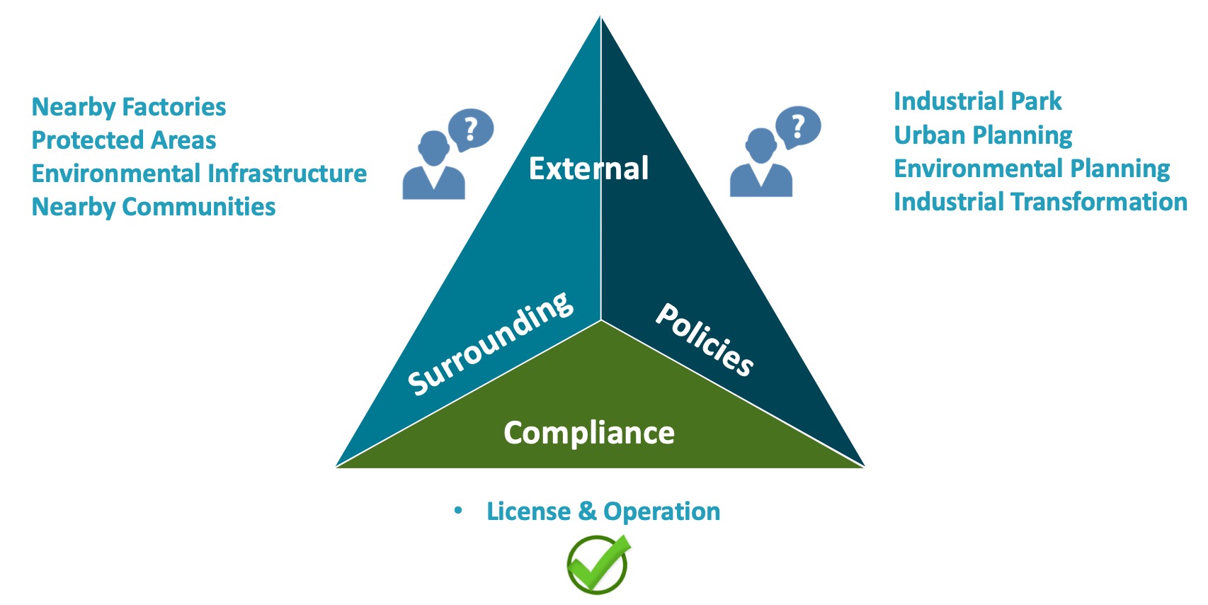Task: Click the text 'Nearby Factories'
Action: (129, 107)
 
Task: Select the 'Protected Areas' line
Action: (124, 140)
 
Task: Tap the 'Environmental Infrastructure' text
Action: (199, 174)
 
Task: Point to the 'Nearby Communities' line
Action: (154, 207)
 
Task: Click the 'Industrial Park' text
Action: (977, 101)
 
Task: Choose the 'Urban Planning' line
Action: (983, 135)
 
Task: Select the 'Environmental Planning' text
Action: (1032, 169)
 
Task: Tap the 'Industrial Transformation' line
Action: (1040, 202)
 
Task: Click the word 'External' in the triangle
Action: (588, 169)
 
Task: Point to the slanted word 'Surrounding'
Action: (491, 342)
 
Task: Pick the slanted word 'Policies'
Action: (705, 339)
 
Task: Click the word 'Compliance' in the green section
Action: (589, 433)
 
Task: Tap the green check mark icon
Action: (598, 564)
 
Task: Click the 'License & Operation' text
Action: (603, 511)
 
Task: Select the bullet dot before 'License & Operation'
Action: (458, 510)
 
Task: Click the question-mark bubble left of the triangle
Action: (471, 130)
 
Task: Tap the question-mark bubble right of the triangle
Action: (798, 127)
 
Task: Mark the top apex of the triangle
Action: (600, 17)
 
